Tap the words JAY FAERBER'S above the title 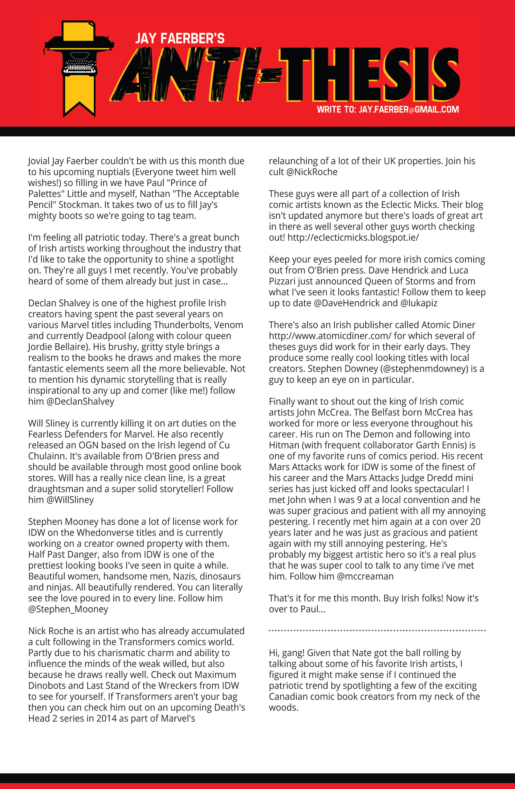(180, 38)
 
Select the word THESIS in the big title (369, 75)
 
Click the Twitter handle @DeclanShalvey (80, 401)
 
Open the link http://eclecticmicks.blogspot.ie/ (353, 237)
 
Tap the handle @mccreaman (365, 576)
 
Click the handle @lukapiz (419, 303)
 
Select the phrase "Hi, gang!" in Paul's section (286, 653)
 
